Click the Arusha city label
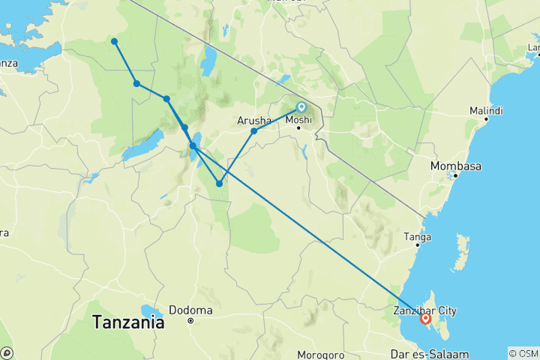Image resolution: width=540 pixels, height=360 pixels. tap(254, 119)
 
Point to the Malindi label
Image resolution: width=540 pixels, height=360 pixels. tap(486, 110)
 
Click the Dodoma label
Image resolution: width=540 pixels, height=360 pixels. tap(190, 310)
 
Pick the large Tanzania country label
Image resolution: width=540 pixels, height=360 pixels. tap(128, 323)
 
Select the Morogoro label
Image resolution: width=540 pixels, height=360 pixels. tap(319, 354)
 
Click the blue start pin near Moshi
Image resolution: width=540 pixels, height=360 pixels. tap(301, 107)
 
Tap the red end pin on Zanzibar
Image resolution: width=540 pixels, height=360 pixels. tap(426, 319)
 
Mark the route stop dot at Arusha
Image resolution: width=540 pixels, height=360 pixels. tap(254, 131)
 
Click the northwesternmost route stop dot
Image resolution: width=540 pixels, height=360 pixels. tap(114, 41)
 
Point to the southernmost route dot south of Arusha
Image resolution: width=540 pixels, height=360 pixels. tap(219, 183)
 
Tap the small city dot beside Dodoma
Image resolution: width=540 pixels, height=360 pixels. tap(190, 320)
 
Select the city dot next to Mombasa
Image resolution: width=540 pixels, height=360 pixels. tap(454, 176)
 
